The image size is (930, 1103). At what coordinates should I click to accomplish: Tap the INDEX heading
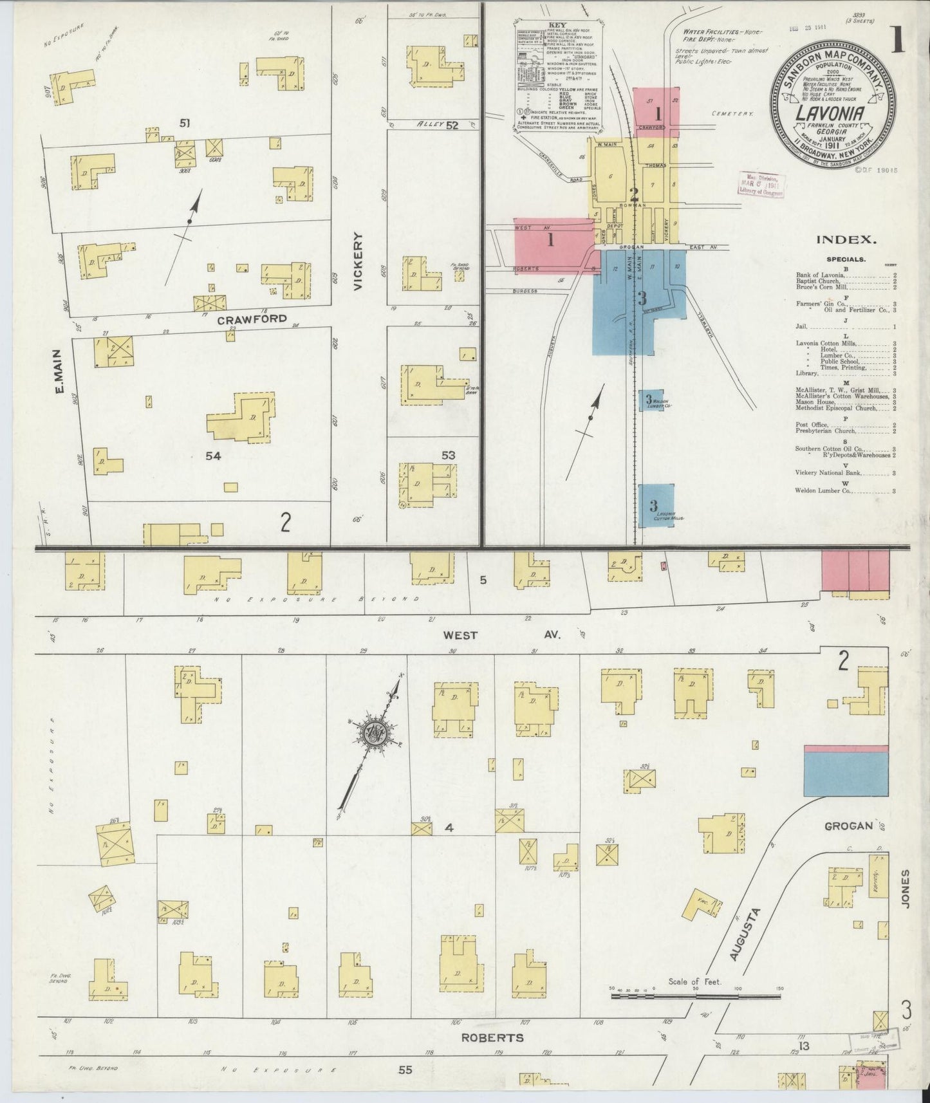pyautogui.click(x=846, y=239)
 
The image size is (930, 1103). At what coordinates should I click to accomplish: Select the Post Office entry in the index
pyautogui.click(x=811, y=425)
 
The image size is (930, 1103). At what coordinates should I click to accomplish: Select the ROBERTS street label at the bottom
pyautogui.click(x=492, y=1037)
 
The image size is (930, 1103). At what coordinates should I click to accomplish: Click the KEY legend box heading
pyautogui.click(x=557, y=26)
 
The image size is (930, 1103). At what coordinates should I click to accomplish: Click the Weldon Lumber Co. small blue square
pyautogui.click(x=651, y=400)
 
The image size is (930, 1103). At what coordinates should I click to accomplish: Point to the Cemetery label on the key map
pyautogui.click(x=732, y=113)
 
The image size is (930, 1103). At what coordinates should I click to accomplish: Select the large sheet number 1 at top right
pyautogui.click(x=898, y=41)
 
